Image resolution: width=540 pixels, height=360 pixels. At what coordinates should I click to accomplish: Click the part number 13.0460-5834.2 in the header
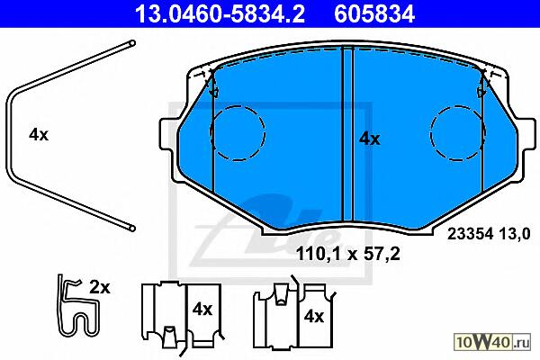coord(220,14)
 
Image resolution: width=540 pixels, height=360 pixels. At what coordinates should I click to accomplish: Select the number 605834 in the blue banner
coord(374,14)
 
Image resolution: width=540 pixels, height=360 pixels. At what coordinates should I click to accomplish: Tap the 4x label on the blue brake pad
coord(370,139)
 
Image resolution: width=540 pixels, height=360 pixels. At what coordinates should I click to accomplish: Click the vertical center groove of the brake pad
coord(347,134)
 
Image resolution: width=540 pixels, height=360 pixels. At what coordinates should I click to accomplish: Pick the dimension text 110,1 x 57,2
coord(348,254)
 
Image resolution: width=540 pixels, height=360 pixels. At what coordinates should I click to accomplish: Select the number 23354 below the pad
coord(470,234)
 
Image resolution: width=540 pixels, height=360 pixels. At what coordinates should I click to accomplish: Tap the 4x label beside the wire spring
coord(39,134)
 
